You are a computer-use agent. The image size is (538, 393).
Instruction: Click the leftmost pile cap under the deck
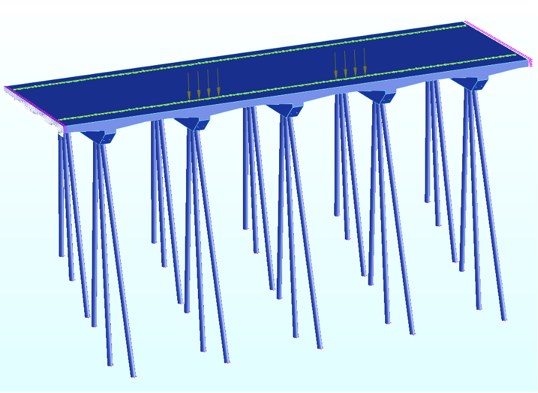(x=99, y=137)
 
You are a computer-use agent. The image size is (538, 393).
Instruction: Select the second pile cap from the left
(x=192, y=123)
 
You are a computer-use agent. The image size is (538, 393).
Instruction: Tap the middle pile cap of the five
(x=284, y=110)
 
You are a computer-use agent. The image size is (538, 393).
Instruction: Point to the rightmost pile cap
(x=470, y=83)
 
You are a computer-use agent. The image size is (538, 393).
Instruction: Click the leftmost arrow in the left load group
(x=189, y=86)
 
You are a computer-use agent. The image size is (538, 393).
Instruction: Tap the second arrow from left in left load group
(x=198, y=85)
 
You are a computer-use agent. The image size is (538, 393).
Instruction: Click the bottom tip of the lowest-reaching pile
(x=133, y=376)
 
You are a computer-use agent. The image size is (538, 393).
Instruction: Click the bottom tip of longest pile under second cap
(x=226, y=361)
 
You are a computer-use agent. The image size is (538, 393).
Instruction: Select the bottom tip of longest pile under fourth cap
(x=412, y=334)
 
